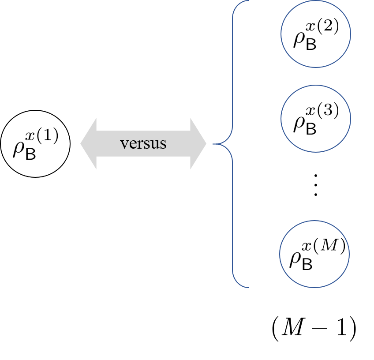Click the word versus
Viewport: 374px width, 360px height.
point(143,143)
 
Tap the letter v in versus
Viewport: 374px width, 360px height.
point(123,144)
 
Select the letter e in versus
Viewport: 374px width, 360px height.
point(131,144)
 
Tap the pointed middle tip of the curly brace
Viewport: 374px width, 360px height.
point(213,143)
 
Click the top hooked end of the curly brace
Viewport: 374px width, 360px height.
point(248,1)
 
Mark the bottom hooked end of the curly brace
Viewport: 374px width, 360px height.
point(248,287)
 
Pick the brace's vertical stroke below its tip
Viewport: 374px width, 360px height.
point(232,216)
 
